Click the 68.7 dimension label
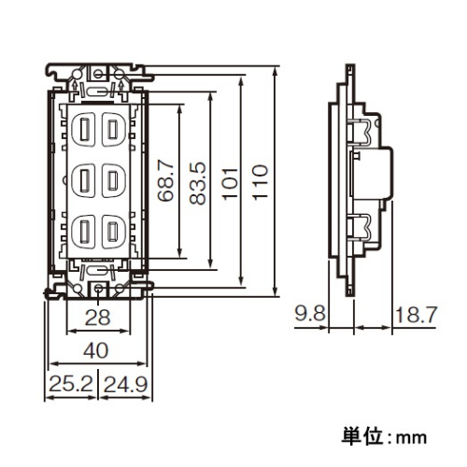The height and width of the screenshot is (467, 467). [165, 181]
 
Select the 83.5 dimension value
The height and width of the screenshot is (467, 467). [198, 183]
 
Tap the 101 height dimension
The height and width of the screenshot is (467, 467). [230, 183]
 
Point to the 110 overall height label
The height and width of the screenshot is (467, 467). [260, 182]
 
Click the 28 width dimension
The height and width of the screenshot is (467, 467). [97, 318]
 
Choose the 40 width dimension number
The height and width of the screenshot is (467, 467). [96, 350]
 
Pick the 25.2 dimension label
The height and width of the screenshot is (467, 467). [71, 384]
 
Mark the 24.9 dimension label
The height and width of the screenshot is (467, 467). [125, 384]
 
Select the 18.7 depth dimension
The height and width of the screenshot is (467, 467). [417, 315]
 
